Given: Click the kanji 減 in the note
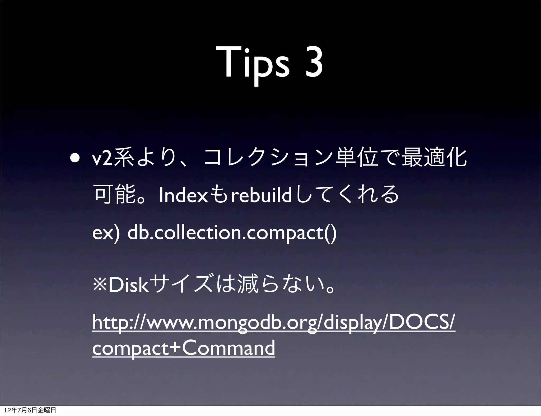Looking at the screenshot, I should pyautogui.click(x=248, y=285).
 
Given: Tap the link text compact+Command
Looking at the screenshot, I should pyautogui.click(x=184, y=348).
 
